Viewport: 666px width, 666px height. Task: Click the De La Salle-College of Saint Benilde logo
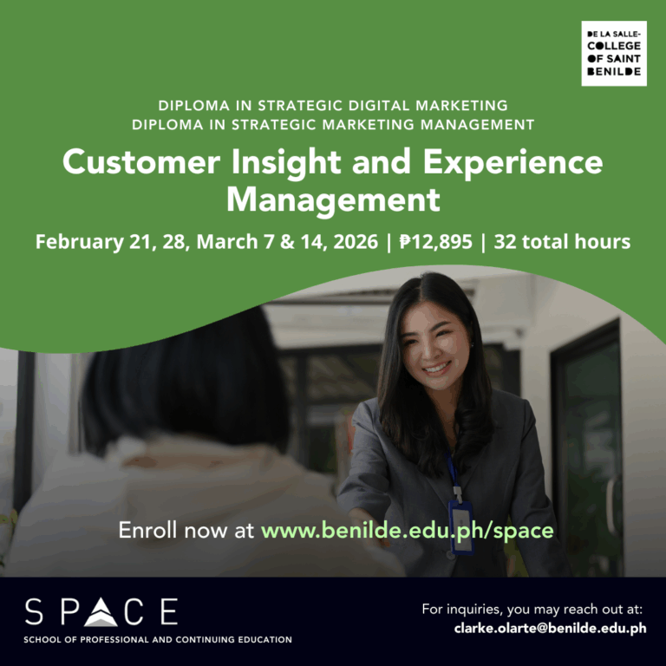[613, 54]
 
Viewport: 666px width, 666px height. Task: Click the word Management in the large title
[333, 199]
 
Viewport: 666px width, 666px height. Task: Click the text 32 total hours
[562, 241]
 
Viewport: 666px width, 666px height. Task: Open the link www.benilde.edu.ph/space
[407, 530]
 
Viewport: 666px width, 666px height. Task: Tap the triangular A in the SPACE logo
[103, 612]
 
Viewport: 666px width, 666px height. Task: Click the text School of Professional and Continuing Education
[158, 640]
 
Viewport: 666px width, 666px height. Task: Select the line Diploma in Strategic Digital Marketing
[333, 106]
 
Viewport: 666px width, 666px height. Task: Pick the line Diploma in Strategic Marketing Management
[333, 124]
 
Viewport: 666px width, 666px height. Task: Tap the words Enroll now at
[186, 530]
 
